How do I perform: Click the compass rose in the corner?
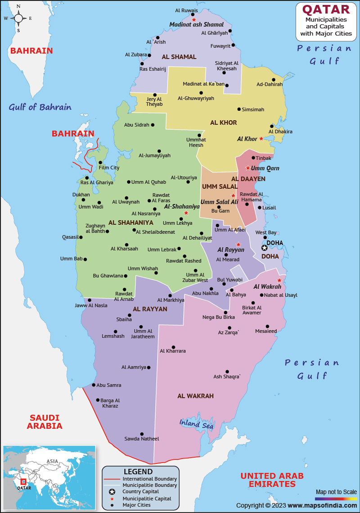click(18, 18)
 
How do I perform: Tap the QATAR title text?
click(326, 9)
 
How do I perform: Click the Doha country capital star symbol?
click(265, 247)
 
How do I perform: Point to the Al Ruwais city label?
click(186, 9)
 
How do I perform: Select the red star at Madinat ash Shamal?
click(193, 20)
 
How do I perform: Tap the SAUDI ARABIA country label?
click(45, 422)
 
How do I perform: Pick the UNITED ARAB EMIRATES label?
click(272, 480)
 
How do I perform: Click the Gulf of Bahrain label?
click(40, 107)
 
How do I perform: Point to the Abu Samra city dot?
click(94, 385)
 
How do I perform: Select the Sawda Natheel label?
click(142, 439)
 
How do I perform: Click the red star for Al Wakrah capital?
click(279, 280)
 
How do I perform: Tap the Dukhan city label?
click(81, 195)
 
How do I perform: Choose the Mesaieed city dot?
click(267, 327)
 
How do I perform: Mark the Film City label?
click(109, 168)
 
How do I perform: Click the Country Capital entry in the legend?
click(140, 491)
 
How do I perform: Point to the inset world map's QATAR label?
click(21, 487)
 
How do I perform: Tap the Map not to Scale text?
click(336, 492)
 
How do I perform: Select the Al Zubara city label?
click(136, 54)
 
